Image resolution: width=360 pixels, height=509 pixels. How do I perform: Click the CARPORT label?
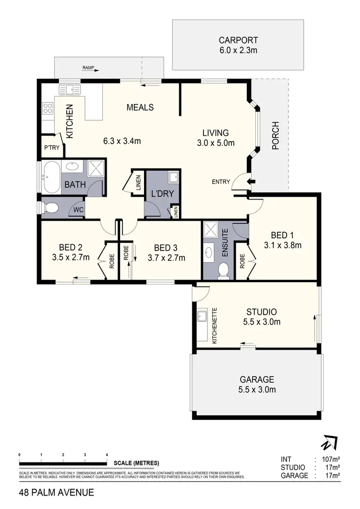click(238, 40)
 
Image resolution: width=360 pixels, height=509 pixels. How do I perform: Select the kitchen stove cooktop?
click(48, 108)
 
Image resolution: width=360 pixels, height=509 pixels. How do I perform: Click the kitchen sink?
click(70, 89)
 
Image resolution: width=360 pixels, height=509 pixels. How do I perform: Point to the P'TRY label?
click(51, 148)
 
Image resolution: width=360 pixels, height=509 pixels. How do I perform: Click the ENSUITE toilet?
click(223, 271)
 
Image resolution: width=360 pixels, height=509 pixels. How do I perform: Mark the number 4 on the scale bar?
click(107, 454)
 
